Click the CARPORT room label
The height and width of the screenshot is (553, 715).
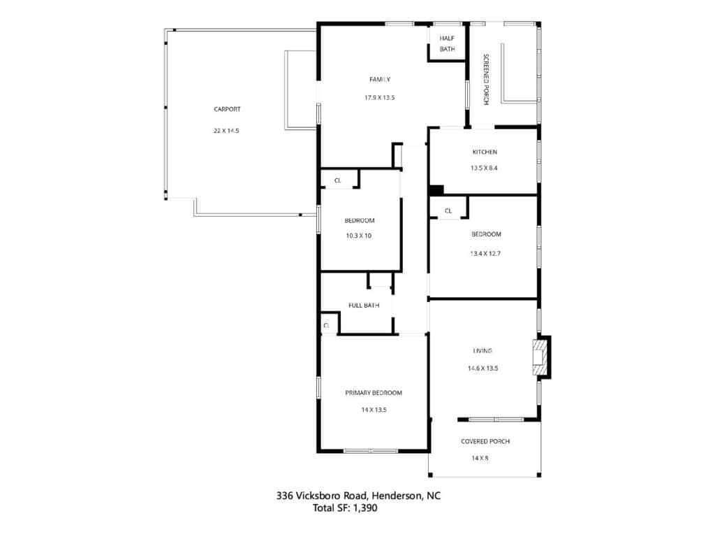(x=227, y=109)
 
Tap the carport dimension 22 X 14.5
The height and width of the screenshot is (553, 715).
(x=227, y=131)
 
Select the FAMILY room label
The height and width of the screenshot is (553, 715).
(x=380, y=80)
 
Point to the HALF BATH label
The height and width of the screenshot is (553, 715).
(x=448, y=43)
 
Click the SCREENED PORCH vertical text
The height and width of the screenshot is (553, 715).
(x=486, y=80)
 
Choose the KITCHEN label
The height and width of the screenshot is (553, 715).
(x=485, y=152)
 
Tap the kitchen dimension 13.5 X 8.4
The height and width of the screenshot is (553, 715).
(x=485, y=168)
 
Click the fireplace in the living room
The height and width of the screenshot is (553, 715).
(x=542, y=357)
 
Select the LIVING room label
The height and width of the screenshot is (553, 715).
(x=482, y=351)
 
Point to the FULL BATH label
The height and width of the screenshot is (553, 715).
(x=364, y=305)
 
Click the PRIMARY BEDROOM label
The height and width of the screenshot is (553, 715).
(x=374, y=393)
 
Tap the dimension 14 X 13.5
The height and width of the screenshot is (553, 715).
(x=374, y=410)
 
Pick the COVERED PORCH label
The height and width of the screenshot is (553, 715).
(x=485, y=442)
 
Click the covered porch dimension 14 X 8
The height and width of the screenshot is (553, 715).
(x=480, y=458)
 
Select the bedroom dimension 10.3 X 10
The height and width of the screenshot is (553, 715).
(x=359, y=236)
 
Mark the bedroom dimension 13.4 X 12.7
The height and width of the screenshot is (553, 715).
(x=485, y=254)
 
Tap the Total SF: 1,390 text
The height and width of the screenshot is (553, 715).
(x=345, y=508)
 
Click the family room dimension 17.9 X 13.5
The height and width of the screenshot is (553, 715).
(x=379, y=98)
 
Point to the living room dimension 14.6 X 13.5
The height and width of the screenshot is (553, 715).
(x=483, y=368)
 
